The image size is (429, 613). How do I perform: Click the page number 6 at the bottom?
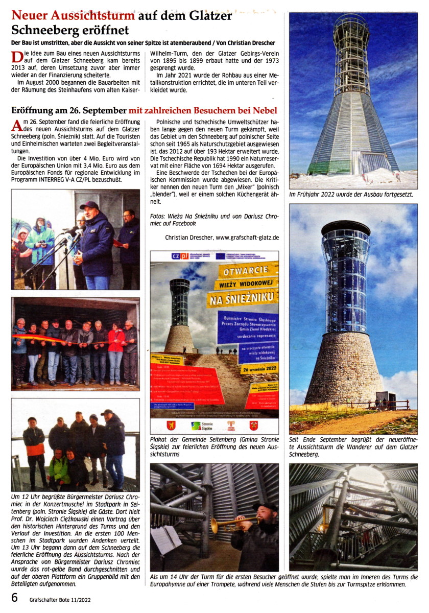pyautogui.click(x=15, y=597)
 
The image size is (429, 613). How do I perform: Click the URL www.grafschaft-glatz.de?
pyautogui.click(x=247, y=237)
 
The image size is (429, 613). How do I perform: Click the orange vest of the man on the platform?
pyautogui.click(x=35, y=449)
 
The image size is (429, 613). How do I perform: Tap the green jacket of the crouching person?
pyautogui.click(x=59, y=468)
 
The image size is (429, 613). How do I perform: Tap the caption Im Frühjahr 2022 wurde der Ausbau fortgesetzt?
pyautogui.click(x=351, y=195)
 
